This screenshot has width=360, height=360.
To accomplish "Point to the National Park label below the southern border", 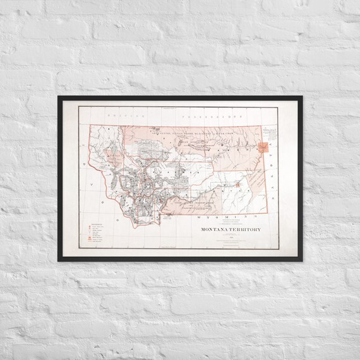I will (169, 217).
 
